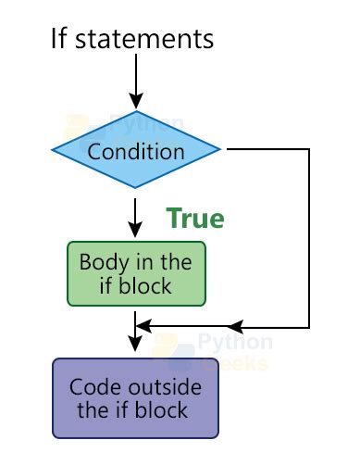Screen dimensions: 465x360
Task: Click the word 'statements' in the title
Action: [144, 39]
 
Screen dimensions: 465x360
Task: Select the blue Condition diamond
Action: [136, 149]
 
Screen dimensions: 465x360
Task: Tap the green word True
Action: [194, 219]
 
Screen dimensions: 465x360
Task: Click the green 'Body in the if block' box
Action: [136, 273]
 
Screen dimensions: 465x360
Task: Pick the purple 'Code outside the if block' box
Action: [136, 397]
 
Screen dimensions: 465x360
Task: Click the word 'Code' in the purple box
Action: [93, 386]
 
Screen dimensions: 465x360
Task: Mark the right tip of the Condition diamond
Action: [219, 149]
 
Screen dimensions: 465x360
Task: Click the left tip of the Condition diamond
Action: [53, 149]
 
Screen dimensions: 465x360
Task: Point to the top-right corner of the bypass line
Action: [308, 149]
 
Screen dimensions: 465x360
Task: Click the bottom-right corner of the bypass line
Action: [308, 327]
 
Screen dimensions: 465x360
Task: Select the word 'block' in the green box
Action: [147, 286]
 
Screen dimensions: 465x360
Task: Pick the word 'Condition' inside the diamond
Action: [136, 150]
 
